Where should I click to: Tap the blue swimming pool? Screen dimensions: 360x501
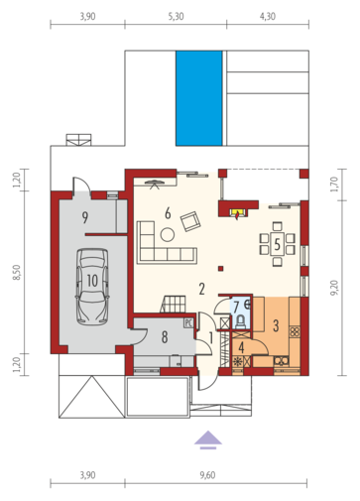tap(199, 98)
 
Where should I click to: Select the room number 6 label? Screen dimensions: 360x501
tap(168, 213)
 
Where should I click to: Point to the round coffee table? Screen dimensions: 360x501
tap(168, 234)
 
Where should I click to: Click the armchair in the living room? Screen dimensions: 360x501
tap(190, 221)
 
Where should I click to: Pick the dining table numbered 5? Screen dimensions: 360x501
tap(277, 244)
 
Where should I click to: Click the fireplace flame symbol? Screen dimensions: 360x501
tap(238, 215)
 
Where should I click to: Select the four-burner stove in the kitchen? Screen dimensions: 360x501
tap(295, 331)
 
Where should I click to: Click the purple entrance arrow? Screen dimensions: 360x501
tap(208, 440)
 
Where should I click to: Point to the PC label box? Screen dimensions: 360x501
tap(188, 322)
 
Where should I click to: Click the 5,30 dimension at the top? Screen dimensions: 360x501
tap(176, 16)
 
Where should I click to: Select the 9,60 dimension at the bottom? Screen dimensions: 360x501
tap(207, 475)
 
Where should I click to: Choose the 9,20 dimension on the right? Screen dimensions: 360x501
tap(334, 288)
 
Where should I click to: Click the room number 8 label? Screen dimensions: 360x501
tap(165, 337)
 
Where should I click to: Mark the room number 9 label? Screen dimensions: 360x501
tap(85, 217)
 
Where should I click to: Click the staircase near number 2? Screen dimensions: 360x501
tap(174, 304)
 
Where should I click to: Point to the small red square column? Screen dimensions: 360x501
tap(221, 268)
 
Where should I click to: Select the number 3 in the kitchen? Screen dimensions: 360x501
tap(276, 325)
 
